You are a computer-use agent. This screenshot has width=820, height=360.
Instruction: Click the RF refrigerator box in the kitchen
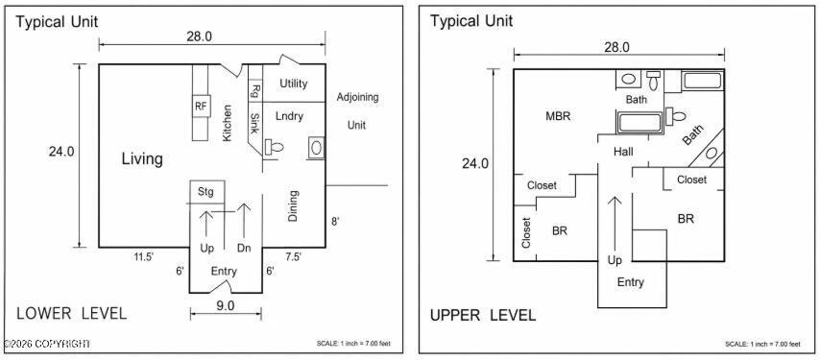tap(201, 106)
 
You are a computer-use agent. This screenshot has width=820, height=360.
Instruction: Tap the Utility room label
tap(294, 84)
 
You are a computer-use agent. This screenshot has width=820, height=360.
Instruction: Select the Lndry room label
tap(289, 116)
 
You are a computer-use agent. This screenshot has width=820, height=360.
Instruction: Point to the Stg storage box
tap(206, 192)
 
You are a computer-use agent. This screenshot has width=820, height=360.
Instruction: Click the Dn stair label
tap(244, 248)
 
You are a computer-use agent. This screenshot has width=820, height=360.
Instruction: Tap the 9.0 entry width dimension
tap(225, 306)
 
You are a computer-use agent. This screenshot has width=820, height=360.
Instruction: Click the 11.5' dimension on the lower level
tap(143, 256)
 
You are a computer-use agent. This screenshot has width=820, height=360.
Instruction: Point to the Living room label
tap(142, 158)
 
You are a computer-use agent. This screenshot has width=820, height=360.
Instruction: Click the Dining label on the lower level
tap(293, 205)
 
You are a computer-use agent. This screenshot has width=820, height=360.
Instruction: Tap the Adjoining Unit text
tap(357, 110)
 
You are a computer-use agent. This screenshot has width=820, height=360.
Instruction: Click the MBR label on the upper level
tap(558, 116)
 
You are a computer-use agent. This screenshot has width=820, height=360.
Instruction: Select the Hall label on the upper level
tap(623, 152)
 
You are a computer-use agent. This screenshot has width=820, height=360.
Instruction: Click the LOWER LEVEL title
tap(72, 314)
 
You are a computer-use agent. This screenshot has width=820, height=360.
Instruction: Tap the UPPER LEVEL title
tap(483, 316)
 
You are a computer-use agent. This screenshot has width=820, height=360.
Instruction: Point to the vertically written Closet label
tap(526, 232)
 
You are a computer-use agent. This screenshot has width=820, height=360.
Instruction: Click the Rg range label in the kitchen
tap(255, 91)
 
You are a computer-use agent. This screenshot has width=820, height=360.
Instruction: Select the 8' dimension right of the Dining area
tap(335, 221)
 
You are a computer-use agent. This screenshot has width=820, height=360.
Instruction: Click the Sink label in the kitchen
tap(254, 124)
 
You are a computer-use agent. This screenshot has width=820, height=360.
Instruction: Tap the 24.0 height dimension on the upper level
tap(475, 163)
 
